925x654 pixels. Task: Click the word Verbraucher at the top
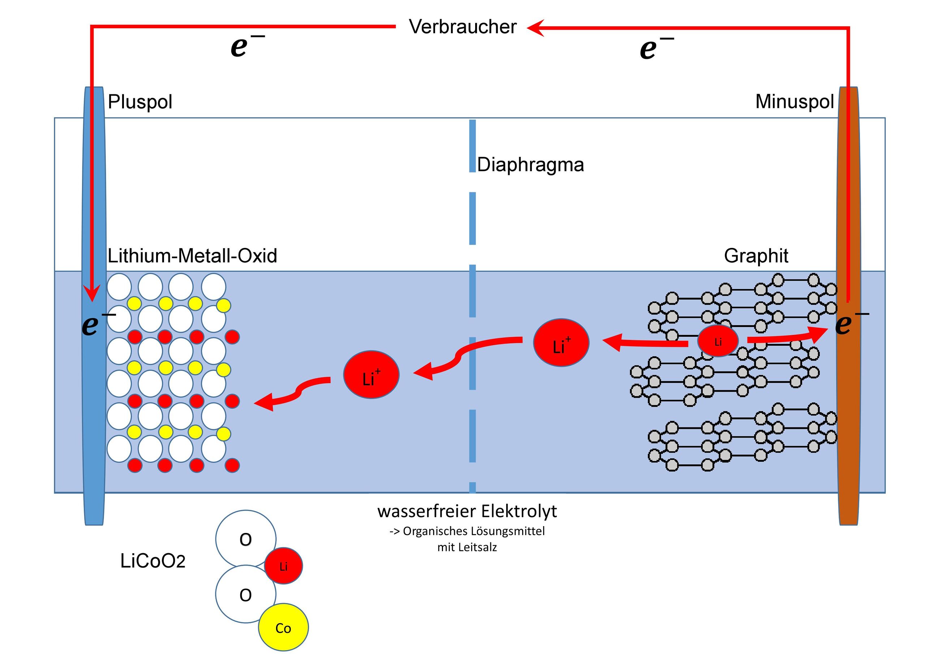point(462,27)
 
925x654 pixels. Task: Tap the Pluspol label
point(140,102)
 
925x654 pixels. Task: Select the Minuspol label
point(795,102)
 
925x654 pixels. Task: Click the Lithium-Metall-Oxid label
point(193,256)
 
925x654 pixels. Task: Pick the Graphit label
point(756,256)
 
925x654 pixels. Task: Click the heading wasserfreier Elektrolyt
point(467,511)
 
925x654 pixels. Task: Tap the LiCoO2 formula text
point(153,561)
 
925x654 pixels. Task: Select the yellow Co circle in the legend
point(283,627)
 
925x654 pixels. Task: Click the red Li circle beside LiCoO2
point(283,566)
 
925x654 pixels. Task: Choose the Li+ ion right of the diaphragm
point(561,343)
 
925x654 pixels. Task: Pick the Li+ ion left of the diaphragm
point(371,374)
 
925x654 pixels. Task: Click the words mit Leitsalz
point(467,547)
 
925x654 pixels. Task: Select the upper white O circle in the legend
point(246,539)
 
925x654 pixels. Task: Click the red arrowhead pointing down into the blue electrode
point(92,293)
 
